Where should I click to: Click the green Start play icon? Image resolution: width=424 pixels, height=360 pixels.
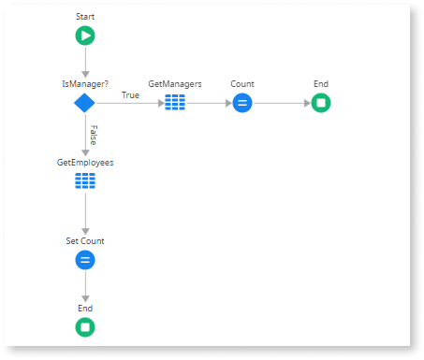pos(85,36)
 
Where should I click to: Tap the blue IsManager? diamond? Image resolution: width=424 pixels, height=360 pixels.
pos(85,102)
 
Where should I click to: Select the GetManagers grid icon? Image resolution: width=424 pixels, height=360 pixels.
pos(175,102)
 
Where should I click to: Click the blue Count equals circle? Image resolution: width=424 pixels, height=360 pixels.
pos(242,102)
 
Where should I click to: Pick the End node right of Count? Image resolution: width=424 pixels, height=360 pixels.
pos(320,102)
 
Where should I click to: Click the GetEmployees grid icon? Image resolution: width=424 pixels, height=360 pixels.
pos(85,180)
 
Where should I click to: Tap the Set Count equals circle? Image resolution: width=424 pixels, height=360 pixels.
pos(85,259)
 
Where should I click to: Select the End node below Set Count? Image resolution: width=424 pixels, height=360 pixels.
pos(85,326)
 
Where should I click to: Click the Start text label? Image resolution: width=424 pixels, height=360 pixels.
pos(85,17)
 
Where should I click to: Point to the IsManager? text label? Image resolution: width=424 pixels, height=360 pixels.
pos(85,83)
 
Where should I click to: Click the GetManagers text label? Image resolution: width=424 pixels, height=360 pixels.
pos(175,83)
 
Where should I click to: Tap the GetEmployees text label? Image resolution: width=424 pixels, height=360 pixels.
pos(85,162)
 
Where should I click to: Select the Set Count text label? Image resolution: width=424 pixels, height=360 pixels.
pos(85,240)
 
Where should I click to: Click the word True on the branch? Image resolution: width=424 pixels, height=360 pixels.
pos(130,94)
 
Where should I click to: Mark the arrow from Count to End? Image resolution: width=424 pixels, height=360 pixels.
pos(281,102)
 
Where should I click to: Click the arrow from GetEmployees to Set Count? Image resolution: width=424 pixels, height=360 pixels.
pos(85,215)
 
